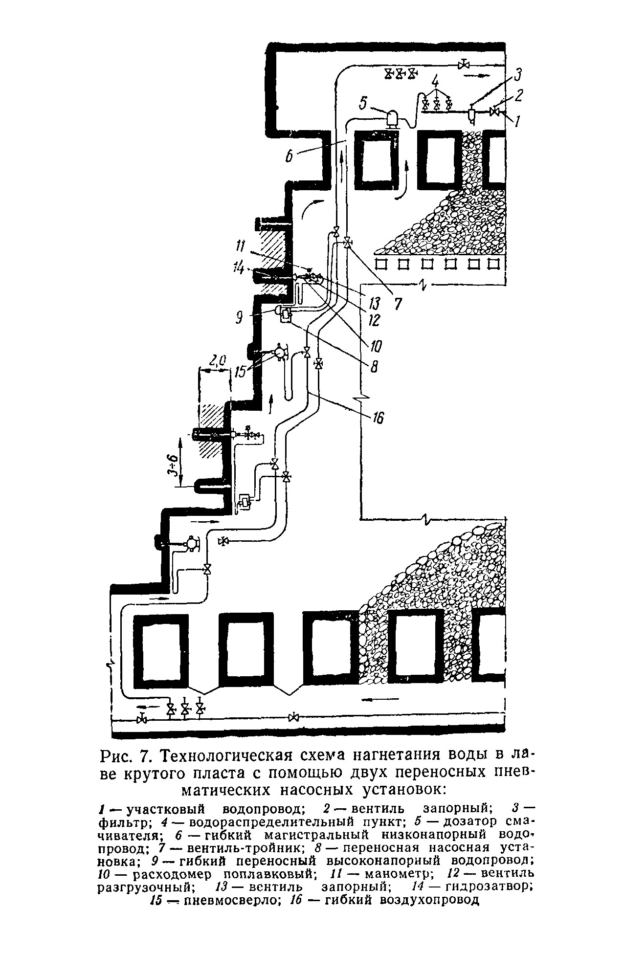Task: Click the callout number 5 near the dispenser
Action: [362, 104]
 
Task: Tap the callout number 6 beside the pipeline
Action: [289, 156]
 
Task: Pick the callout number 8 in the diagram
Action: [374, 366]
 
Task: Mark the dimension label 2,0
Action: [217, 361]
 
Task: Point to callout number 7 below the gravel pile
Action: [398, 304]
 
